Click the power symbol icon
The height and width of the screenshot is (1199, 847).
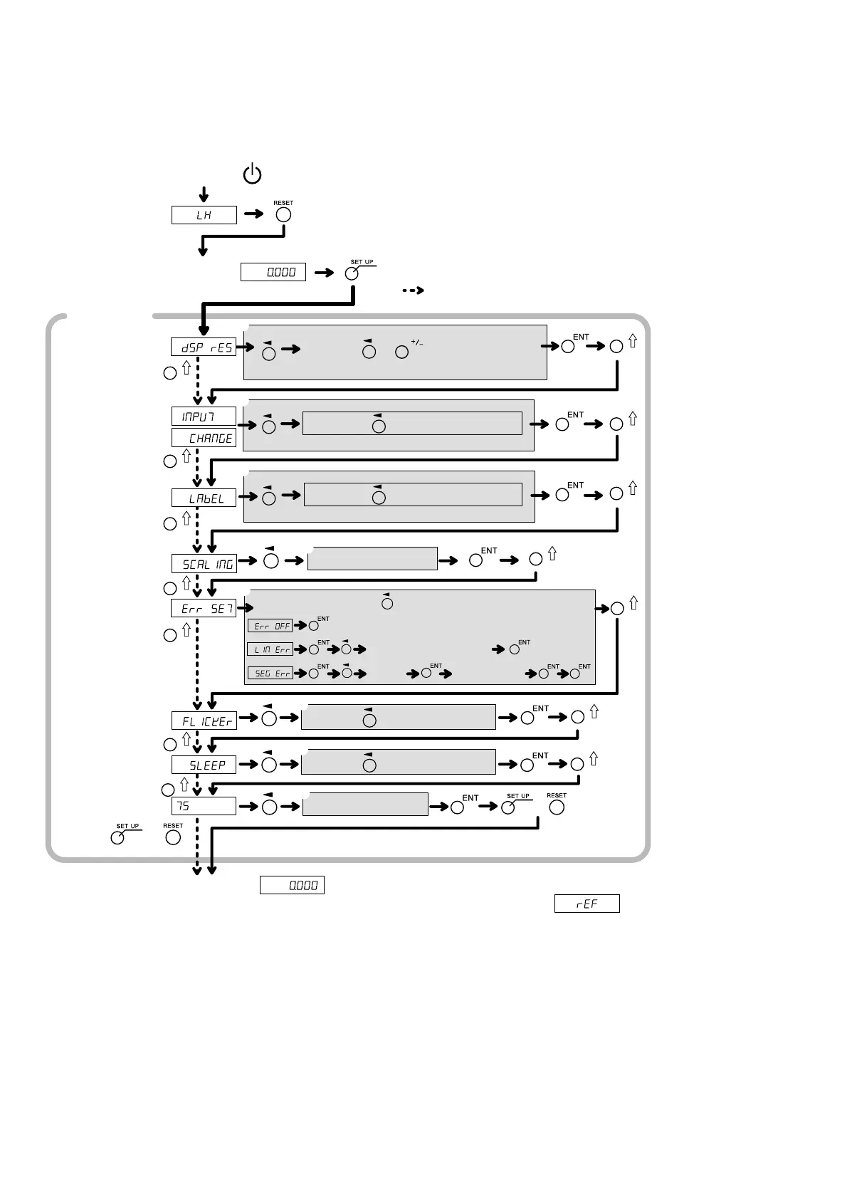252,174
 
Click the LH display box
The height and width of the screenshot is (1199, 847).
204,215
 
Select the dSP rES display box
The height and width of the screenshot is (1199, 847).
204,347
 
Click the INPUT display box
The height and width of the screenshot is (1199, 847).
204,417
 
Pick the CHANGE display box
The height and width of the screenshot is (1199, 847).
204,438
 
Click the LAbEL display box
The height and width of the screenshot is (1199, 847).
204,498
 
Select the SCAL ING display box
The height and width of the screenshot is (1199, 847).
204,564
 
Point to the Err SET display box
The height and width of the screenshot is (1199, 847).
204,609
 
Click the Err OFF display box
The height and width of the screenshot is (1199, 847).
270,626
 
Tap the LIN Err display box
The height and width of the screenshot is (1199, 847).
270,649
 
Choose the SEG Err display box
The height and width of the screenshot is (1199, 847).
270,673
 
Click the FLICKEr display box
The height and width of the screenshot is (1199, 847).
204,721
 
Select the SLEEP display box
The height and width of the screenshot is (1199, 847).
204,765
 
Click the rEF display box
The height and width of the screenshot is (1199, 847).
587,904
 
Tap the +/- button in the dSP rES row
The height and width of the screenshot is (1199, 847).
402,352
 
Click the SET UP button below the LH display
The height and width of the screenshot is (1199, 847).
352,274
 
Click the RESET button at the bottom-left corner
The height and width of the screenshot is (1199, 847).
173,838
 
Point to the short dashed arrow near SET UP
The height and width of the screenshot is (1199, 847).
413,290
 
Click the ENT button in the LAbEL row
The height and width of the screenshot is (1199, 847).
562,495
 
